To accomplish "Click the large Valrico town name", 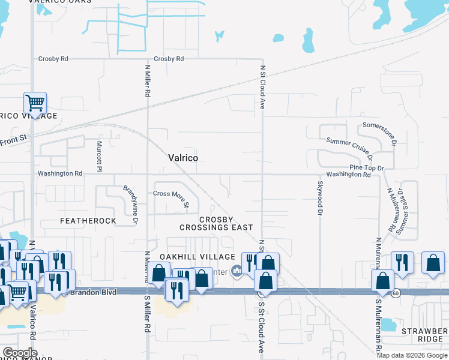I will (182, 158).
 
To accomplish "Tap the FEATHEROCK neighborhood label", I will (88, 221).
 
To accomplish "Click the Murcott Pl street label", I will (100, 155).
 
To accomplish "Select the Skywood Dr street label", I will (320, 197).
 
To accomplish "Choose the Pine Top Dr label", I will (367, 167).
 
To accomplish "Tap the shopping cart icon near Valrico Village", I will (35, 103).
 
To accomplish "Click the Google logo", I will (19, 353).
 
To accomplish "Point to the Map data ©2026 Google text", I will (412, 355).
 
